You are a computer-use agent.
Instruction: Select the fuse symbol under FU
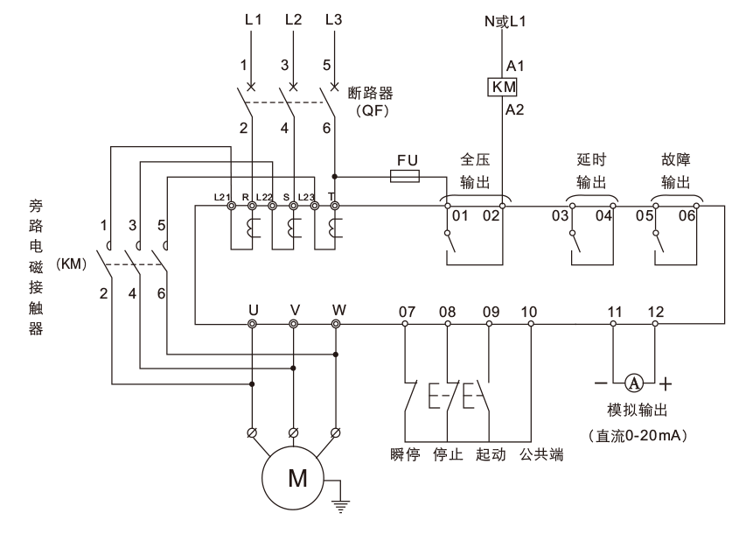click(x=405, y=177)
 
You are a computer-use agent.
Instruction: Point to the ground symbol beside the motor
click(x=340, y=506)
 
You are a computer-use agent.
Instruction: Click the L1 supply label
click(x=253, y=19)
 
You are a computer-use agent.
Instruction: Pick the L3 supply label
click(x=333, y=19)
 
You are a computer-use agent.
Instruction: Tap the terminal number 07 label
click(x=408, y=312)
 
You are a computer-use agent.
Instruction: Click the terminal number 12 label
click(x=656, y=312)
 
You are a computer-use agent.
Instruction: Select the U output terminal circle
click(x=252, y=324)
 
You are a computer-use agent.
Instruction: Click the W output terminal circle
click(x=336, y=324)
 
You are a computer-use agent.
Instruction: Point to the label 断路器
click(x=371, y=93)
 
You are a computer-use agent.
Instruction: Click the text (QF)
click(x=373, y=111)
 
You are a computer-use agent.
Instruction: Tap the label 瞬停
click(x=405, y=454)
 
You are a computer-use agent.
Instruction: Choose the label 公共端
click(x=541, y=454)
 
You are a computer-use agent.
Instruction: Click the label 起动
click(x=491, y=454)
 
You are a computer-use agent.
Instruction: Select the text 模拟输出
click(x=638, y=410)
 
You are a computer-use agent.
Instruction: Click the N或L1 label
click(x=505, y=21)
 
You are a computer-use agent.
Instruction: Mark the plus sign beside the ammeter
click(x=665, y=384)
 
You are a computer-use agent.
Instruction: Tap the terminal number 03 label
click(x=561, y=216)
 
